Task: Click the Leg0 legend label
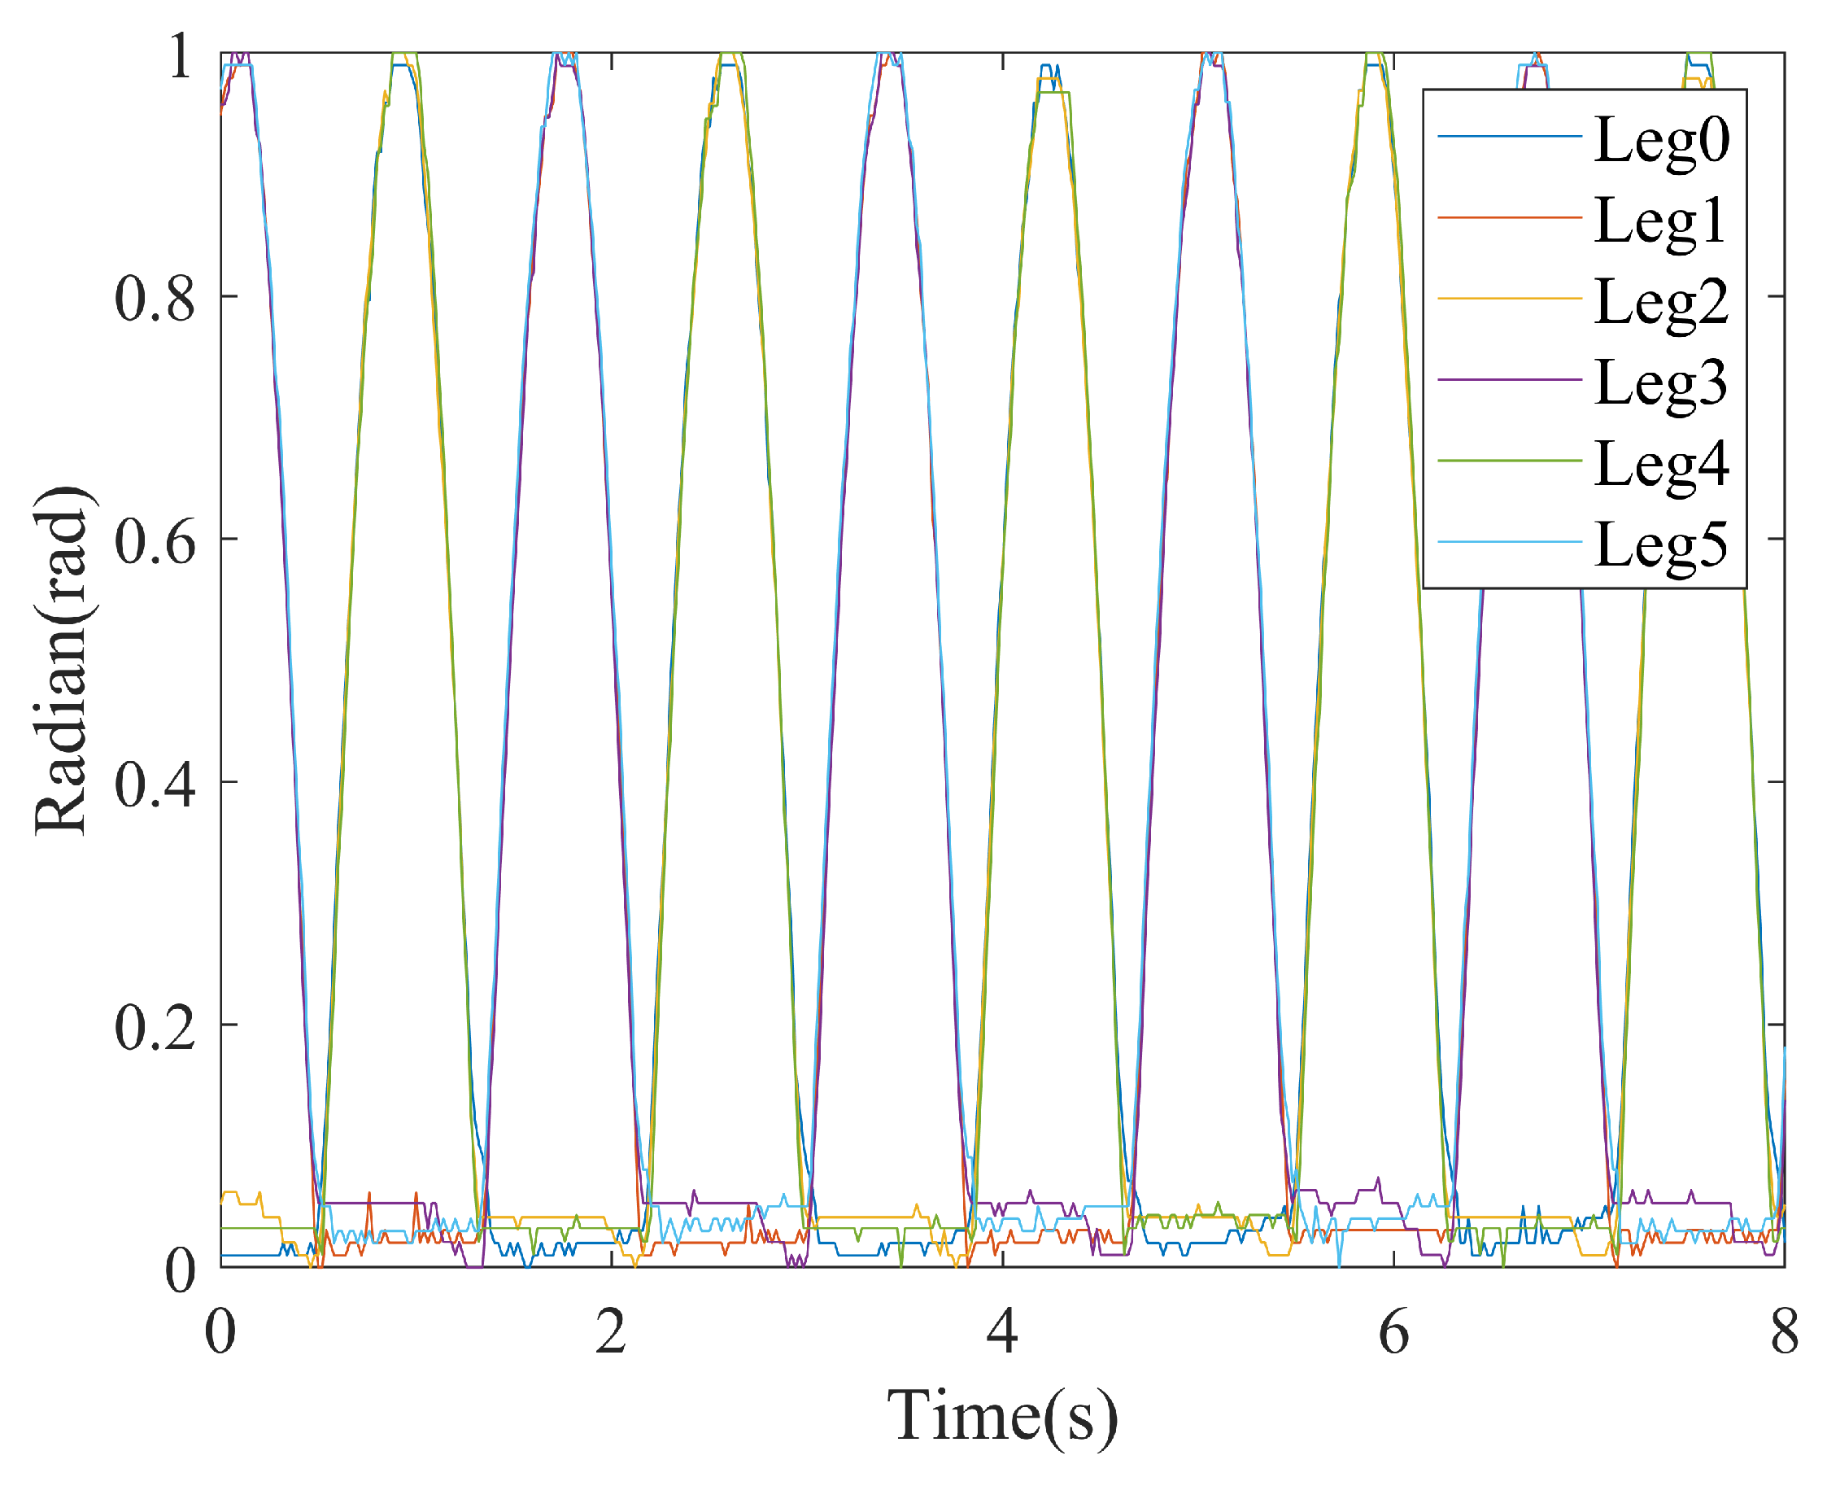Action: pos(1661,138)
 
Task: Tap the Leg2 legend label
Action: pos(1661,301)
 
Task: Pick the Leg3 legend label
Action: pos(1661,382)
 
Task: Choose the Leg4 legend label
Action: pos(1661,463)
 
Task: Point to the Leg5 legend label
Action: pos(1661,544)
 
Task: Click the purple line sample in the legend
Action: pos(1509,379)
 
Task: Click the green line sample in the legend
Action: pos(1509,461)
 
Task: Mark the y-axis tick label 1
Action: pos(180,56)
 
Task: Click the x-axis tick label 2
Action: pos(611,1333)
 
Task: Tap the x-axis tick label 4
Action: pos(1002,1333)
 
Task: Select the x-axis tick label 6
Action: pos(1393,1333)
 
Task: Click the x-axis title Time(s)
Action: pos(1002,1417)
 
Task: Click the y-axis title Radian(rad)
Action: pos(62,659)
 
